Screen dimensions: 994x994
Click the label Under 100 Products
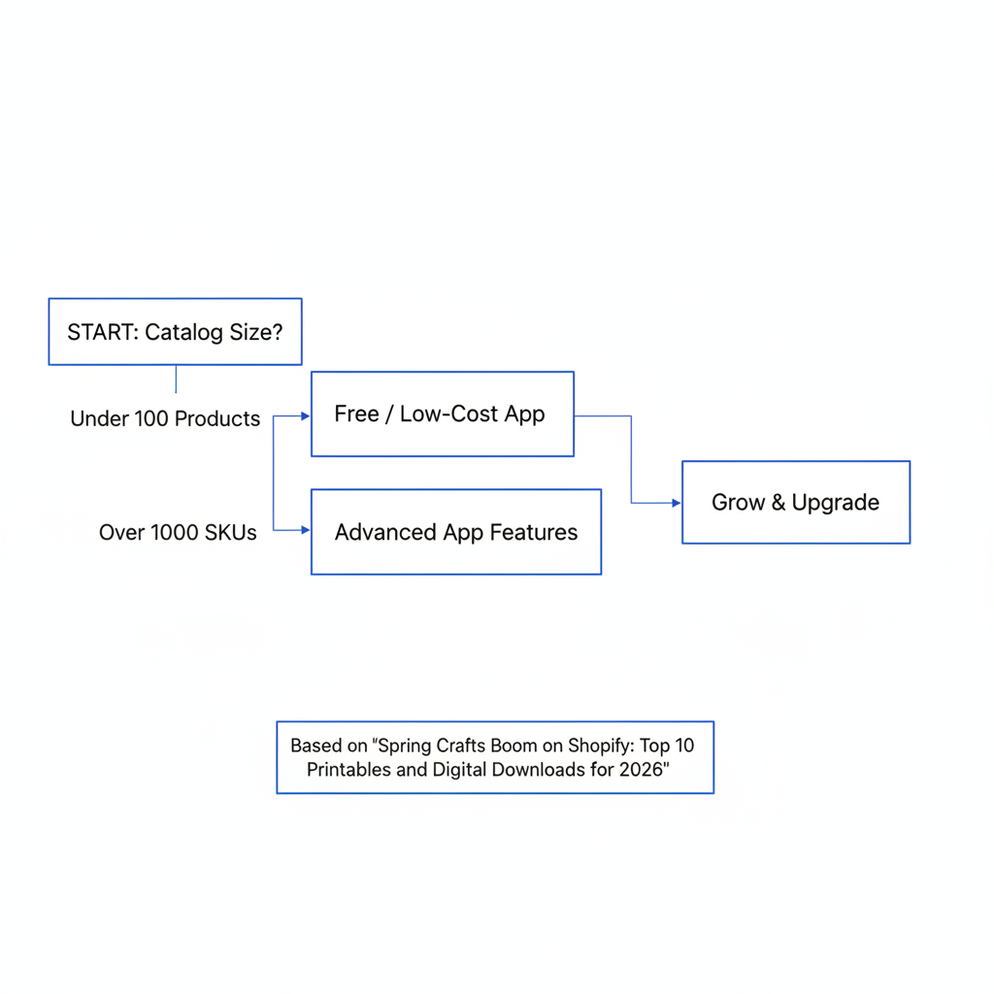pos(165,418)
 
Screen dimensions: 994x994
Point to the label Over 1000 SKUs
pos(178,533)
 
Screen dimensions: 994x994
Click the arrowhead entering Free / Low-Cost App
pos(306,415)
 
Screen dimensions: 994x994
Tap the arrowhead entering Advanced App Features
pos(306,530)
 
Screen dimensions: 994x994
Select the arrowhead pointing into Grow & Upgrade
pos(677,503)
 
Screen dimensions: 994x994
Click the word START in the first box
pos(100,332)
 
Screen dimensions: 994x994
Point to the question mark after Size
pos(278,332)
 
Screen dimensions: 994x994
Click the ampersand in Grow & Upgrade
pos(778,503)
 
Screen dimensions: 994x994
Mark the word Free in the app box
pos(356,414)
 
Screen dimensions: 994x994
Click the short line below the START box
pos(176,380)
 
